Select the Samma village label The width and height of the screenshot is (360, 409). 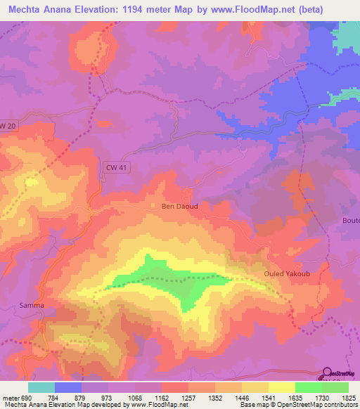pyautogui.click(x=32, y=305)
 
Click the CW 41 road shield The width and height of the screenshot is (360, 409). pyautogui.click(x=113, y=166)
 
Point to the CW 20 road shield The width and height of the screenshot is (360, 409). pyautogui.click(x=7, y=126)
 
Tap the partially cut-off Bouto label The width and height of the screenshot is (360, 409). pyautogui.click(x=350, y=220)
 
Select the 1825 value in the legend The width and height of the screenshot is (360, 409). pyautogui.click(x=347, y=398)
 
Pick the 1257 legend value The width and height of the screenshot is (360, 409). pyautogui.click(x=188, y=398)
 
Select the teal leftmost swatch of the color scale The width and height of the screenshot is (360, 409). pyautogui.click(x=41, y=387)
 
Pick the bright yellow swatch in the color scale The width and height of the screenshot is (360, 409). pyautogui.click(x=281, y=387)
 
